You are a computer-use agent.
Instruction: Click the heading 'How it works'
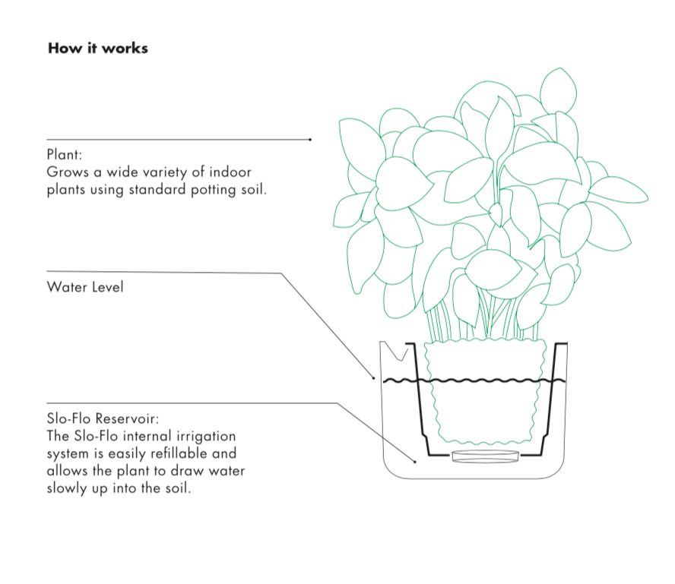pyautogui.click(x=98, y=49)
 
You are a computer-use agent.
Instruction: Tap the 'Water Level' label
pyautogui.click(x=84, y=287)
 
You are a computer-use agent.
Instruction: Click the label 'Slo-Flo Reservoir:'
pyautogui.click(x=103, y=419)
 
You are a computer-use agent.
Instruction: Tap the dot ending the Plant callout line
pyautogui.click(x=310, y=140)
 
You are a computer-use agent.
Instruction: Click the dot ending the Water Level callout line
pyautogui.click(x=373, y=377)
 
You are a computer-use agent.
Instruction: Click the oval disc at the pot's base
pyautogui.click(x=485, y=456)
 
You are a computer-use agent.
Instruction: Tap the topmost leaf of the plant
pyautogui.click(x=558, y=88)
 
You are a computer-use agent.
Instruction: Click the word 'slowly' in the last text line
pyautogui.click(x=67, y=488)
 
